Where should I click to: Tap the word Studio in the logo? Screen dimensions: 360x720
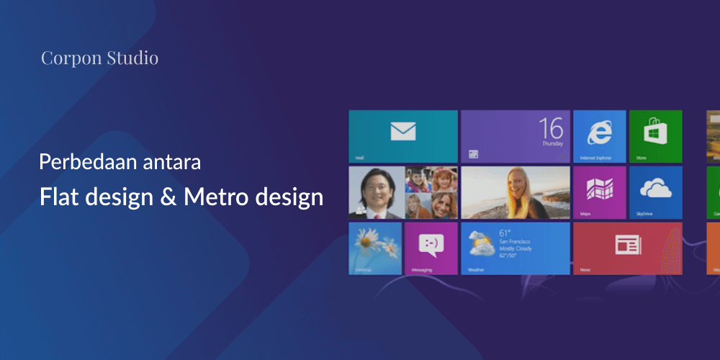[132, 58]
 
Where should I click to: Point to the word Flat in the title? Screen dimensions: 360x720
[57, 197]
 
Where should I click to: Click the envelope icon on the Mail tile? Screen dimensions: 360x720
[403, 131]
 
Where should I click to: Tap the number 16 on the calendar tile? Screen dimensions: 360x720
[551, 128]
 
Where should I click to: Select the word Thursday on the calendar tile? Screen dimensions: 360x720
[552, 144]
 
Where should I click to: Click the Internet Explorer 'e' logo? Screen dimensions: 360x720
[599, 132]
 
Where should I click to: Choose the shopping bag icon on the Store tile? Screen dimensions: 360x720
[655, 132]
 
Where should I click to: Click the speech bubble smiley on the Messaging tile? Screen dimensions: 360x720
[431, 245]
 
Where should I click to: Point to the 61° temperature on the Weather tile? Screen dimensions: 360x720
[505, 233]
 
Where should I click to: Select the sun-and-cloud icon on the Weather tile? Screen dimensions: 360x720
[480, 243]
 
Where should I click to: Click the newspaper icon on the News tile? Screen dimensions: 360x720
[627, 246]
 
